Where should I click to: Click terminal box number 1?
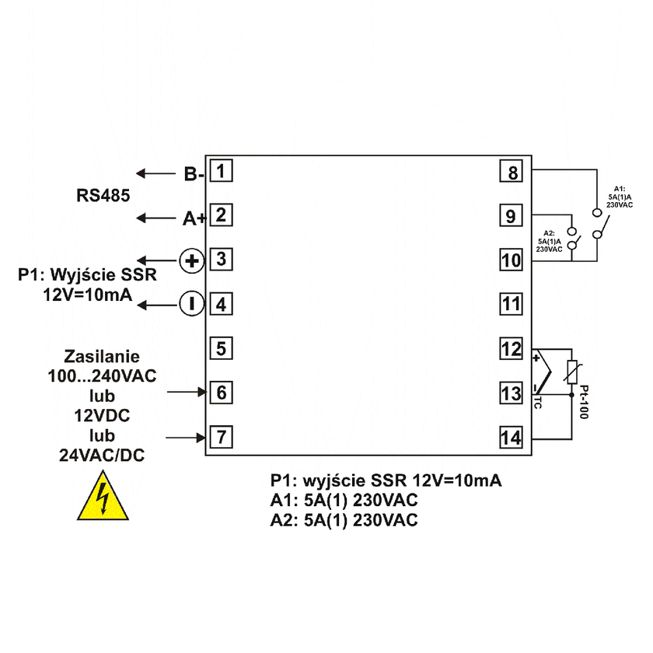(x=222, y=169)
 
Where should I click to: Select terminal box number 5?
(x=222, y=348)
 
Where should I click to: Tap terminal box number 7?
(x=222, y=437)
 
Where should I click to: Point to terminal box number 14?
(x=510, y=438)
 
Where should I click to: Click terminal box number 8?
(x=510, y=171)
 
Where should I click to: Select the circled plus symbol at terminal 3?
(x=191, y=260)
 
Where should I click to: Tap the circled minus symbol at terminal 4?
(x=191, y=304)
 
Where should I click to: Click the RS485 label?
(x=103, y=194)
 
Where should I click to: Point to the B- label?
(x=194, y=174)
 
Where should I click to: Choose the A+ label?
(x=194, y=219)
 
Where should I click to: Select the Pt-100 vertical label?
(x=584, y=400)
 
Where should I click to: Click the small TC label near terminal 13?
(x=538, y=405)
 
